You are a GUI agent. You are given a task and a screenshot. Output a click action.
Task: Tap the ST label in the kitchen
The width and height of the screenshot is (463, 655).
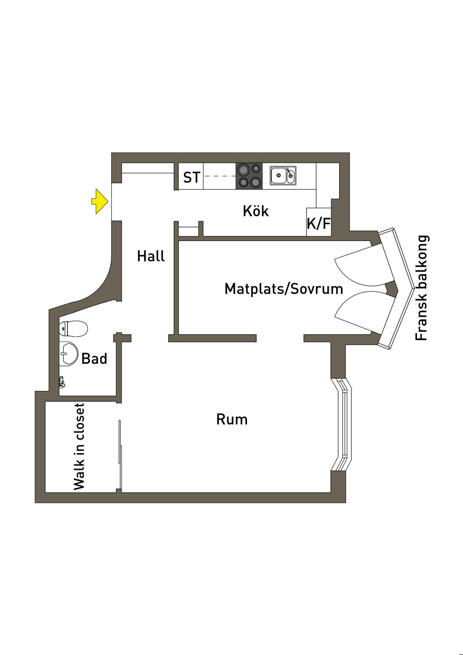click(x=191, y=177)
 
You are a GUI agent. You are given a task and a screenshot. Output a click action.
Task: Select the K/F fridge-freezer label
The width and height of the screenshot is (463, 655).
click(x=319, y=223)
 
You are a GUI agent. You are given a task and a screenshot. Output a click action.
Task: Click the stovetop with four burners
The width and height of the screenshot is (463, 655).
click(x=249, y=176)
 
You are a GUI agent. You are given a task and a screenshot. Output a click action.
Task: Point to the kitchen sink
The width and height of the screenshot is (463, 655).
click(x=283, y=176)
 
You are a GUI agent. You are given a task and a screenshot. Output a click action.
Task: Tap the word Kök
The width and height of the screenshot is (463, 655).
click(x=255, y=211)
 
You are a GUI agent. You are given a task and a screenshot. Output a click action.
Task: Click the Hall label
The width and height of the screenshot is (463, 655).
click(x=151, y=256)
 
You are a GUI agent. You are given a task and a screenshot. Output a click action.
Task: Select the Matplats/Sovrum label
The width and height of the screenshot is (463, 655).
click(x=283, y=289)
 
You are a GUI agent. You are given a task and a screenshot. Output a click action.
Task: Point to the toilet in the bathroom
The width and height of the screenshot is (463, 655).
click(x=73, y=329)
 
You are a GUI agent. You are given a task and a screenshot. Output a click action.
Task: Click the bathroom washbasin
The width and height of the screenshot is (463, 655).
click(x=68, y=353)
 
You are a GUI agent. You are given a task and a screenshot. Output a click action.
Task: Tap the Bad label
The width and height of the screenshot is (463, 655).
click(x=94, y=359)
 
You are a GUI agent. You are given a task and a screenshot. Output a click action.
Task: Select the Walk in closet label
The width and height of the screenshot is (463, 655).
click(x=79, y=446)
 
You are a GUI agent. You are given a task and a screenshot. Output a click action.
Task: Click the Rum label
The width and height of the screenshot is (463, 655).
click(x=231, y=419)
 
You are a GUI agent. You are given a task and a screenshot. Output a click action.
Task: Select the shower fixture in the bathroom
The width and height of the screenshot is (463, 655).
click(x=61, y=382)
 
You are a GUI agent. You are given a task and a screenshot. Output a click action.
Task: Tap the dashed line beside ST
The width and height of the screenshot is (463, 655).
click(x=220, y=176)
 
